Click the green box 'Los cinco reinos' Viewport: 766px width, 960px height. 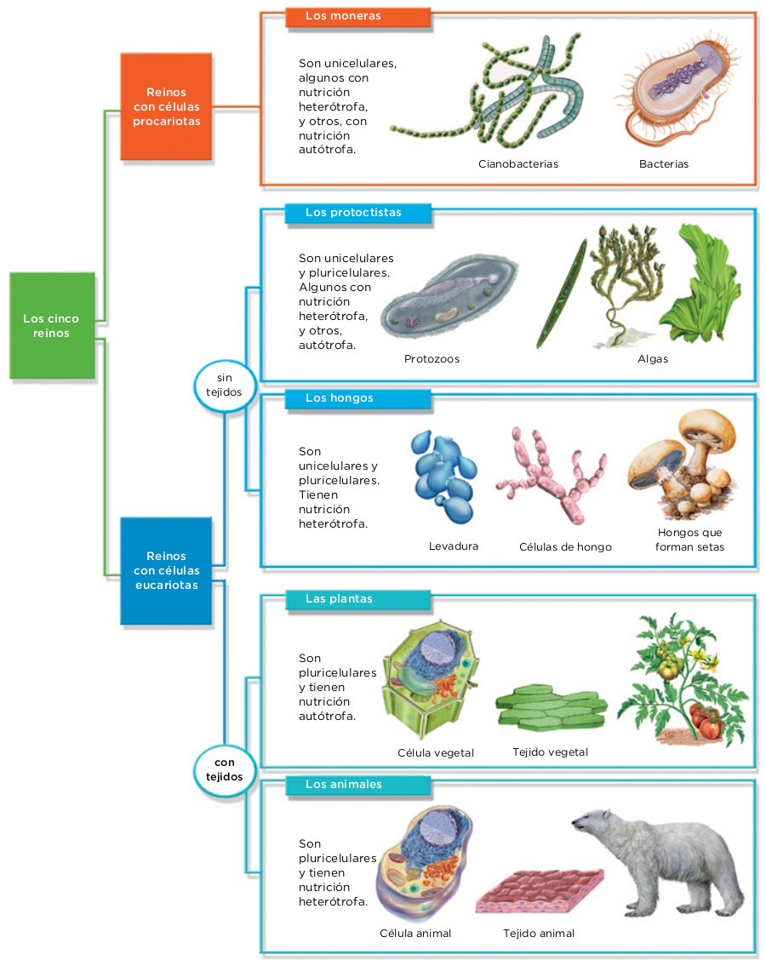pos(52,325)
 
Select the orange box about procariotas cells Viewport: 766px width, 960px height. pos(166,106)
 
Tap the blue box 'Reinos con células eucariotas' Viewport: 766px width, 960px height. pos(166,570)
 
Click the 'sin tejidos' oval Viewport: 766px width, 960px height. pos(224,385)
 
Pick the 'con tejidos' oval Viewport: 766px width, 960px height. pos(224,769)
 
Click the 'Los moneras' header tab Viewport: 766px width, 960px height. pos(358,16)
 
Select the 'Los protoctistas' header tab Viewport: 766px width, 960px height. pos(358,213)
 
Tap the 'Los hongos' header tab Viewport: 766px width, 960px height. pos(358,398)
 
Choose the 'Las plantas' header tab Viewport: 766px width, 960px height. pos(358,599)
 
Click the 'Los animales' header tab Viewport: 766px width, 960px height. pos(358,785)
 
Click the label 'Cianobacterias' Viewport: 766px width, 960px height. pos(518,164)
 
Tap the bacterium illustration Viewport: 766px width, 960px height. pos(680,89)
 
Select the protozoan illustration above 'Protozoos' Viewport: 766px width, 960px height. pos(449,298)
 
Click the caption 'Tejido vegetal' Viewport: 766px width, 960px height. pos(550,752)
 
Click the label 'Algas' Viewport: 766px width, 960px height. pos(653,359)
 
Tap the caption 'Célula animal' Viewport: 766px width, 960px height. pos(415,934)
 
